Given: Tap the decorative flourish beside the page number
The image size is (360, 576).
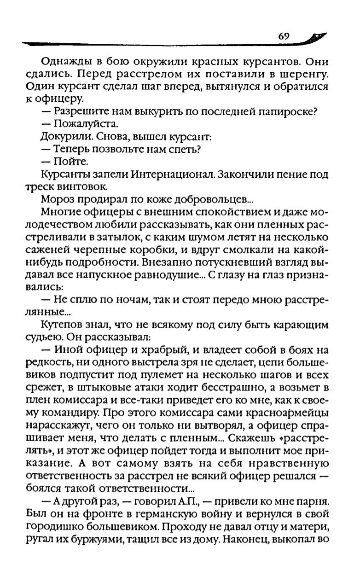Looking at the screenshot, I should [318, 37].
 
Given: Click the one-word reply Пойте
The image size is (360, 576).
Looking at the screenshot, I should [68, 162].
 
